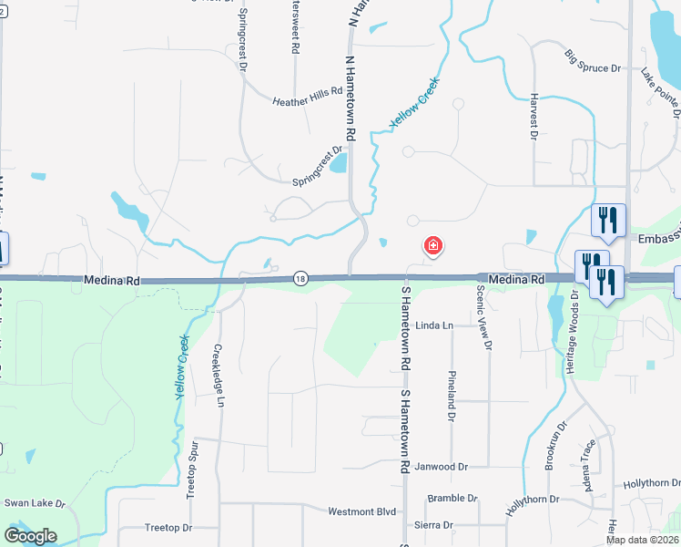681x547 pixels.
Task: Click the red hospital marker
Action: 433,246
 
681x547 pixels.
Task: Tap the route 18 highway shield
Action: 300,279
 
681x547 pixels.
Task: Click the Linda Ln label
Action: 434,325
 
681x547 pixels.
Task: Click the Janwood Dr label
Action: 441,467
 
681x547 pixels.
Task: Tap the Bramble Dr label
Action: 452,498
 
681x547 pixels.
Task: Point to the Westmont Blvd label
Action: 362,511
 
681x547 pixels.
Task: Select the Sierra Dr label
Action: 434,525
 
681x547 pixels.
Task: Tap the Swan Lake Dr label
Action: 36,502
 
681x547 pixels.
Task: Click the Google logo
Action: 30,536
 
